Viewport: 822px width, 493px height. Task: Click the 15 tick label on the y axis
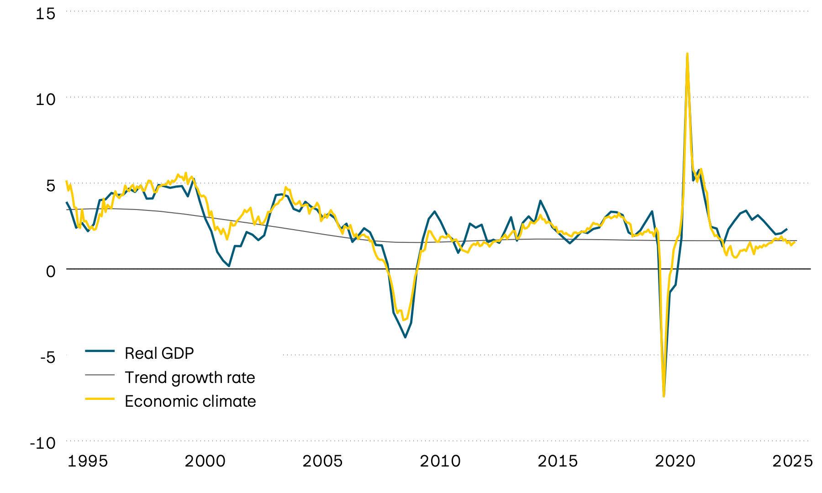coord(45,14)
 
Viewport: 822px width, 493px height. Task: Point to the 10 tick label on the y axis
coord(45,99)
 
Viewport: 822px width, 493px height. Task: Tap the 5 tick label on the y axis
coord(50,185)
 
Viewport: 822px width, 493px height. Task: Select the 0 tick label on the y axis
coord(50,271)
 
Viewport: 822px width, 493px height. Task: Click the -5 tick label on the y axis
coord(47,357)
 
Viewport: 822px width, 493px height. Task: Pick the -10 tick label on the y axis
coord(42,443)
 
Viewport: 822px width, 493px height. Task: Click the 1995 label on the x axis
coord(88,461)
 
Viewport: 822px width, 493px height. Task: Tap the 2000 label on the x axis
coord(205,461)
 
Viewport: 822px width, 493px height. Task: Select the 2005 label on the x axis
coord(322,461)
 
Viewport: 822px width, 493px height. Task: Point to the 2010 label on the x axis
coord(440,461)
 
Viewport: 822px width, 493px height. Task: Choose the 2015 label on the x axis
coord(558,461)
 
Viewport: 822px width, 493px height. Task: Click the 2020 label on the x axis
coord(675,461)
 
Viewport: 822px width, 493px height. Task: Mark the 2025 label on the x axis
coord(792,461)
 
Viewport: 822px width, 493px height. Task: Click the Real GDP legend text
coord(159,353)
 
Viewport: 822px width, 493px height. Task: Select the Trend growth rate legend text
coord(190,378)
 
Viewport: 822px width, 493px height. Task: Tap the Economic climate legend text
coord(190,401)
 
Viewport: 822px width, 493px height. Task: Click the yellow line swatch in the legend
coord(100,399)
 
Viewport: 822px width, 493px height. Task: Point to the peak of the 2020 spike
coord(687,54)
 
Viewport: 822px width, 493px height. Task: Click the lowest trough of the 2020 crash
coord(664,396)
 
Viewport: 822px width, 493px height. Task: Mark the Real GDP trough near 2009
coord(405,337)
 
